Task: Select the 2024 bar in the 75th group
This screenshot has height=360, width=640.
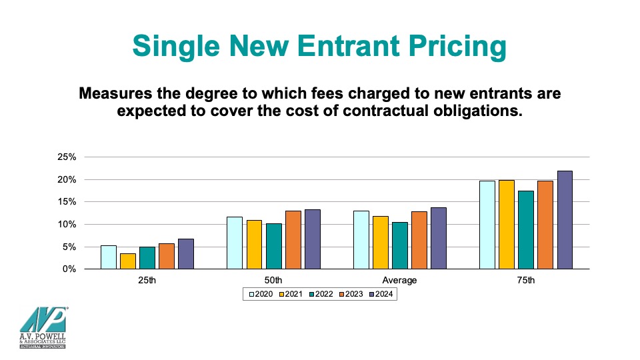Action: click(565, 220)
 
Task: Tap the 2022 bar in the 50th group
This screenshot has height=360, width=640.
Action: click(273, 246)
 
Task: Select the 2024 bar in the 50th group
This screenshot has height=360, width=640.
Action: click(312, 239)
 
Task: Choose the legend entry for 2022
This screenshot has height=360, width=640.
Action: click(321, 294)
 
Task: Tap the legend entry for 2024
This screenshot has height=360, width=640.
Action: click(381, 294)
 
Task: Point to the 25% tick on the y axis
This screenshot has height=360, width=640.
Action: click(68, 157)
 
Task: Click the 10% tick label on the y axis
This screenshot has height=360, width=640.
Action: click(68, 225)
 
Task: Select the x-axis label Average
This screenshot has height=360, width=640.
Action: click(400, 281)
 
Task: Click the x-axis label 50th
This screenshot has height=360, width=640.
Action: click(273, 281)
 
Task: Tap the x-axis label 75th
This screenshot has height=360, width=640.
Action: click(526, 281)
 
